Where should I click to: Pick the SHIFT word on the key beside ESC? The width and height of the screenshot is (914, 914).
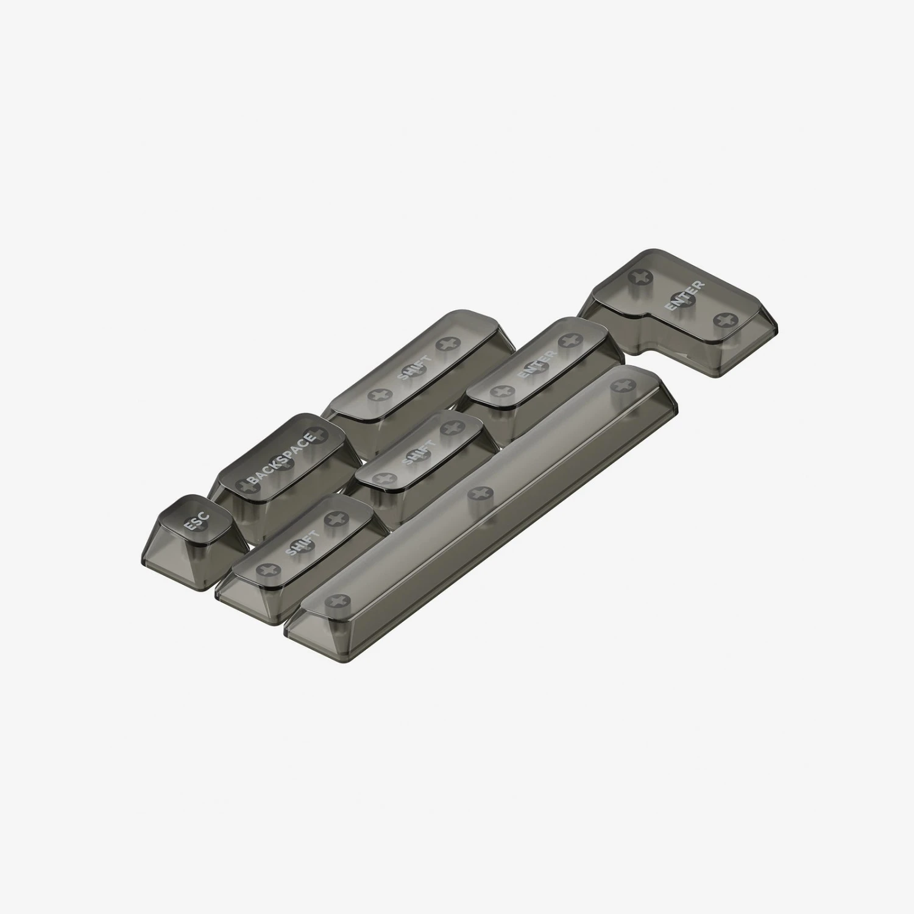coord(302,544)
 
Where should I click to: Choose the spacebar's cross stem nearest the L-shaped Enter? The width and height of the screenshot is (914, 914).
coord(620,385)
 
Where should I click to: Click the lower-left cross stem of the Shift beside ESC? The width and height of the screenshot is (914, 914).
coord(264,570)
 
